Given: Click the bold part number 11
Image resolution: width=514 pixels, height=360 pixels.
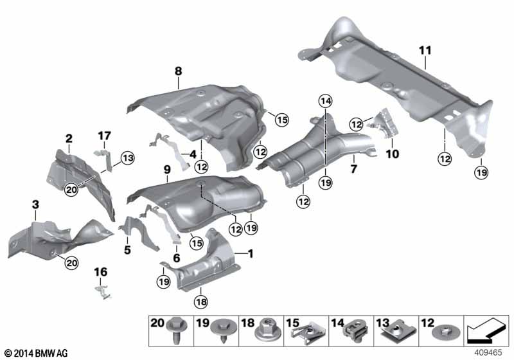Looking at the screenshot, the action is pos(425,51).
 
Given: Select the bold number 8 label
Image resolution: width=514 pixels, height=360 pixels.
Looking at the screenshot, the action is pos(179,71).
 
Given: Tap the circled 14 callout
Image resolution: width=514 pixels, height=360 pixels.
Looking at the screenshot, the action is pos(326,102).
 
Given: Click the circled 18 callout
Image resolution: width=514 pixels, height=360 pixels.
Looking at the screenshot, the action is pos(201,301).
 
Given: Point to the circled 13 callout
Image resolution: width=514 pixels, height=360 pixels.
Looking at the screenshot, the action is pos(127,158).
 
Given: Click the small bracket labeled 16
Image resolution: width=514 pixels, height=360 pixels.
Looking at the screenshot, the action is pos(103,292).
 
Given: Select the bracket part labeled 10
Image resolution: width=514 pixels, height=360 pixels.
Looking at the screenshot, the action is pos(383,124).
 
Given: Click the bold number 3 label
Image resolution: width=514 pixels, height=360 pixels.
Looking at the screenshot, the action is pos(35,204).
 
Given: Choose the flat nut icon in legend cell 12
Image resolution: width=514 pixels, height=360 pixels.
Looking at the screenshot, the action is pos(446,333).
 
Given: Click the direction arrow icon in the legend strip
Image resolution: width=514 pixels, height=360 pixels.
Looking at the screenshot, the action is pos(486,330).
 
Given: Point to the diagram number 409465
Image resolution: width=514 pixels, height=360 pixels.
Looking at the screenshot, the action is pos(488,352).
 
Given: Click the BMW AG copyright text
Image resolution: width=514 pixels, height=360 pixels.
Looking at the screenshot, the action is pos(37,353).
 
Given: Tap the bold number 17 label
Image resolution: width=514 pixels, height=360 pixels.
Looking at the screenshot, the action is pos(104,136).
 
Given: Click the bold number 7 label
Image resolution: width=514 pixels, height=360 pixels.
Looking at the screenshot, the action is pos(354,169).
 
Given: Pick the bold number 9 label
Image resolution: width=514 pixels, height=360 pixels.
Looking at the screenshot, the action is pos(167,170).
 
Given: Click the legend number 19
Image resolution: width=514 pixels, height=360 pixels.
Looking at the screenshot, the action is pos(202,323).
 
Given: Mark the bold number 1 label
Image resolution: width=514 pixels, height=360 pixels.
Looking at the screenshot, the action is pos(251,253).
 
